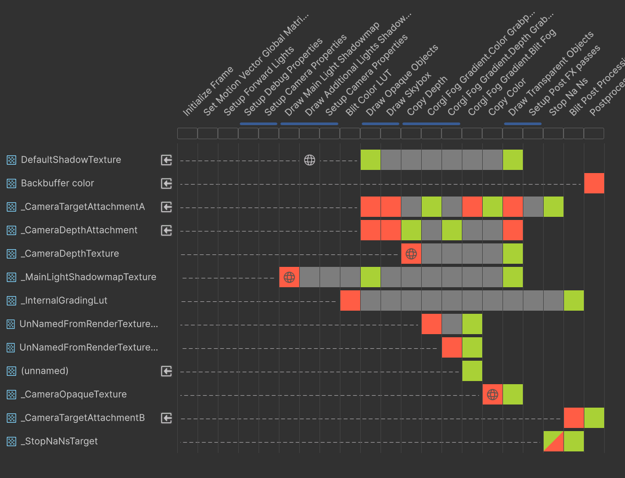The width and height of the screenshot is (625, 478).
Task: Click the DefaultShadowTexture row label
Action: pyautogui.click(x=71, y=160)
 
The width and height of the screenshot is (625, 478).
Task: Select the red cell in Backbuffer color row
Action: pyautogui.click(x=594, y=183)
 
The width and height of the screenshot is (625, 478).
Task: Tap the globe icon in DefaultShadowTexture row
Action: pyautogui.click(x=310, y=160)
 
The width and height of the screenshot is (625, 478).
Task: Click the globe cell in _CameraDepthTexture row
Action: pyautogui.click(x=411, y=254)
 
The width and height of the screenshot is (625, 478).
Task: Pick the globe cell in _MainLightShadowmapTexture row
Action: pyautogui.click(x=289, y=277)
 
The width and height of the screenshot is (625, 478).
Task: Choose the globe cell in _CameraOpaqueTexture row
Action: pyautogui.click(x=493, y=395)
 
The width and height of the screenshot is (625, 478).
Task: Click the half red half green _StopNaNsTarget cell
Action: pyautogui.click(x=553, y=442)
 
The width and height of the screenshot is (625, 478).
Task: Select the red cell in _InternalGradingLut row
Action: pyautogui.click(x=350, y=301)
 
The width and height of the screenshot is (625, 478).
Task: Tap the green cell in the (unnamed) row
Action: pyautogui.click(x=472, y=371)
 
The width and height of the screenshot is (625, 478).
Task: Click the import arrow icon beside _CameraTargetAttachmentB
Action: pyautogui.click(x=166, y=418)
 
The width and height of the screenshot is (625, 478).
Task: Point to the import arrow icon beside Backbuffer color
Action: pyautogui.click(x=166, y=183)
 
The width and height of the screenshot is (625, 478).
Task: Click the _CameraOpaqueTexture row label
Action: pyautogui.click(x=73, y=395)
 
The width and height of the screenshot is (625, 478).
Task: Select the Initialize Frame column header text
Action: pyautogui.click(x=209, y=91)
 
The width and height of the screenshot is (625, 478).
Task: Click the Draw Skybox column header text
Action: pyautogui.click(x=409, y=94)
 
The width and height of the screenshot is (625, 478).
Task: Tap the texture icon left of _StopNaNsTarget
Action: pyautogui.click(x=11, y=442)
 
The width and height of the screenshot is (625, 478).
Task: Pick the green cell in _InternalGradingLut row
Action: pyautogui.click(x=573, y=301)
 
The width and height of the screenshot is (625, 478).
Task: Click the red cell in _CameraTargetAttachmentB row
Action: pyautogui.click(x=573, y=418)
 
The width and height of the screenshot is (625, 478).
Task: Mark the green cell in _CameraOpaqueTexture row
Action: pyautogui.click(x=513, y=395)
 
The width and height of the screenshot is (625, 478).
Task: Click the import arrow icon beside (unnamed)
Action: pyautogui.click(x=166, y=371)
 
